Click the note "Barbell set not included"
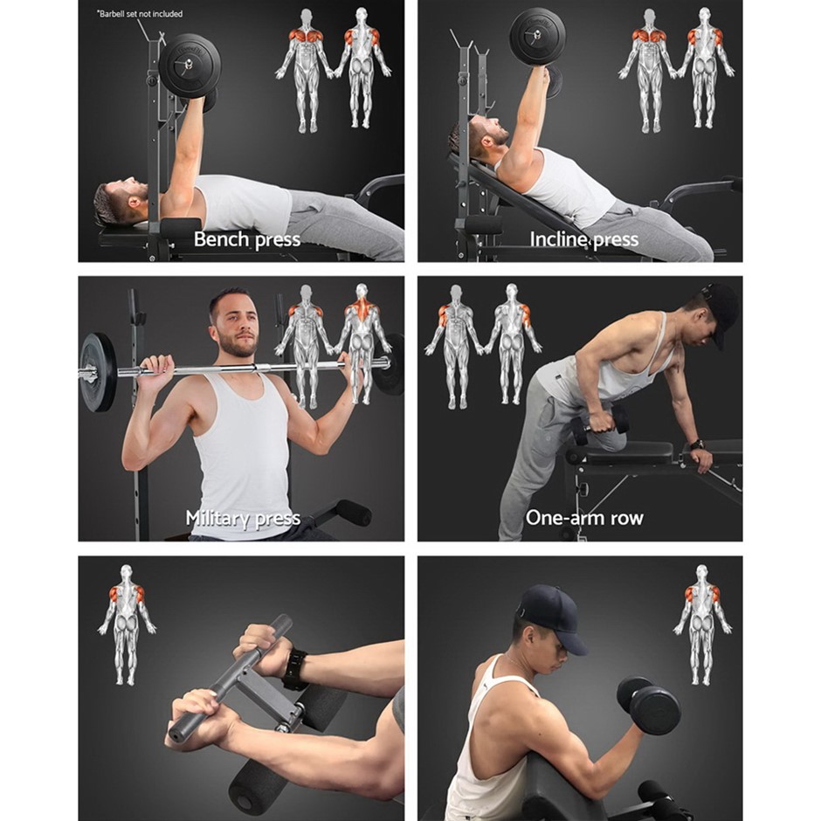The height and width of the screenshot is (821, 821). (140, 14)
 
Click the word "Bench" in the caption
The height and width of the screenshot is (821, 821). (222, 239)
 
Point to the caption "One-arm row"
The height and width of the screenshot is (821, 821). (584, 518)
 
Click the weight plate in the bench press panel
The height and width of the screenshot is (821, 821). (190, 66)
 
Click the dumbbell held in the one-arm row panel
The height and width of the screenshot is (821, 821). (600, 424)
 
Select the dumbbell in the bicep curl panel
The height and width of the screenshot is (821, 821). (649, 705)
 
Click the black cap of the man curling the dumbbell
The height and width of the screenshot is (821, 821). (555, 618)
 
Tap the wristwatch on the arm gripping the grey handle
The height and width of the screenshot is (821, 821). (295, 669)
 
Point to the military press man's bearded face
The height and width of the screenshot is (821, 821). (237, 323)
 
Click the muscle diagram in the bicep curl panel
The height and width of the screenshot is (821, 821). (703, 624)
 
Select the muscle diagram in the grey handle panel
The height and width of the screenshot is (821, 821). (126, 624)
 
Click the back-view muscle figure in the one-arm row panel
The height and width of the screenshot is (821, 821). (512, 344)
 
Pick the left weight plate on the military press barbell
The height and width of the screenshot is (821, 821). (98, 372)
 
